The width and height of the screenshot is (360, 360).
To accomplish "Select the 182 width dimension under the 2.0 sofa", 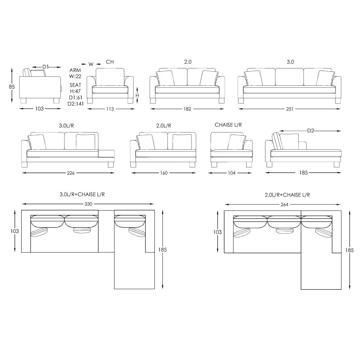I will pyautogui.click(x=187, y=109).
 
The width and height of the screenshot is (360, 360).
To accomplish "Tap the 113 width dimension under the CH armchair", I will pyautogui.click(x=110, y=109).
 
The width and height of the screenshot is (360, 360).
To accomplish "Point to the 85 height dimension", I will pyautogui.click(x=12, y=86).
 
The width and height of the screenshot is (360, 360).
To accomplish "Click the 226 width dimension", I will pyautogui.click(x=71, y=173).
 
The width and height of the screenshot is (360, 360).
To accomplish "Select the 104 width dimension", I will pyautogui.click(x=231, y=173).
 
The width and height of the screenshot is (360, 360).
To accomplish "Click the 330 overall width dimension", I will pyautogui.click(x=88, y=204).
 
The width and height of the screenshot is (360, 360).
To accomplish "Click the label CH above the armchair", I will pyautogui.click(x=110, y=62).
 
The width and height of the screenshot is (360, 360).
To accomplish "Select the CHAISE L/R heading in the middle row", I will pyautogui.click(x=228, y=125).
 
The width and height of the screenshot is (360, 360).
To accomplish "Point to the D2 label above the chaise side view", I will pyautogui.click(x=310, y=131).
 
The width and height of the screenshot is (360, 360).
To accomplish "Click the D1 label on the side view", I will pyautogui.click(x=46, y=67).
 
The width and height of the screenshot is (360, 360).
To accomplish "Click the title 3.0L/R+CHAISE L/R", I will pyautogui.click(x=82, y=194).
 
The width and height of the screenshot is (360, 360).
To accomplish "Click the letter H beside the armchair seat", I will pyautogui.click(x=137, y=95).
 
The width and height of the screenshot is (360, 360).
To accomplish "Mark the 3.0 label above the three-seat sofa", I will pyautogui.click(x=290, y=62).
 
